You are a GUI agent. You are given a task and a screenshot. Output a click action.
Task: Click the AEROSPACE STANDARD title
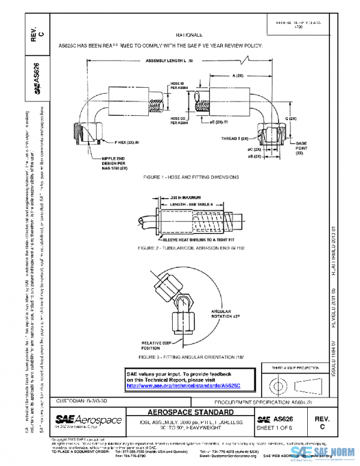[x=188, y=414]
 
